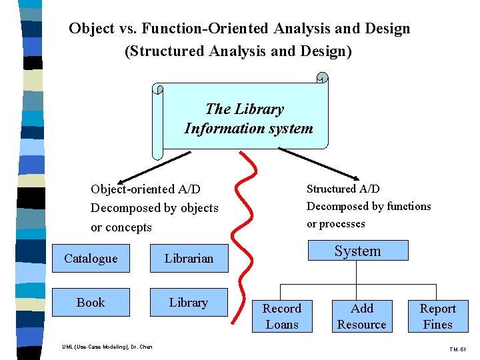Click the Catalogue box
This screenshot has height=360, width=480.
click(x=91, y=259)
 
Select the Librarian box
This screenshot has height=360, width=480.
click(x=189, y=259)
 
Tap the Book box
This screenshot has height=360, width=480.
click(x=91, y=303)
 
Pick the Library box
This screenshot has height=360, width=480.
click(x=189, y=303)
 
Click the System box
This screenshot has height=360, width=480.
click(x=357, y=251)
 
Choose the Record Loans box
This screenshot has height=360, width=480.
click(x=282, y=317)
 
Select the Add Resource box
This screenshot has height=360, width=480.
click(x=362, y=317)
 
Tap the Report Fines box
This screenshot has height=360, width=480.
click(x=438, y=317)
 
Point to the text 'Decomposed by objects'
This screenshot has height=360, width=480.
click(x=155, y=208)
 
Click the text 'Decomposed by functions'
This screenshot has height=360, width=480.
click(x=369, y=207)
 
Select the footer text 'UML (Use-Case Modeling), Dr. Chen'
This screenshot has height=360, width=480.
click(x=107, y=347)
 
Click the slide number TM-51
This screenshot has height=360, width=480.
click(x=458, y=349)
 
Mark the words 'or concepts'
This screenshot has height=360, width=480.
click(x=121, y=227)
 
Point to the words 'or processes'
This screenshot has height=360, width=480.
click(x=336, y=224)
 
